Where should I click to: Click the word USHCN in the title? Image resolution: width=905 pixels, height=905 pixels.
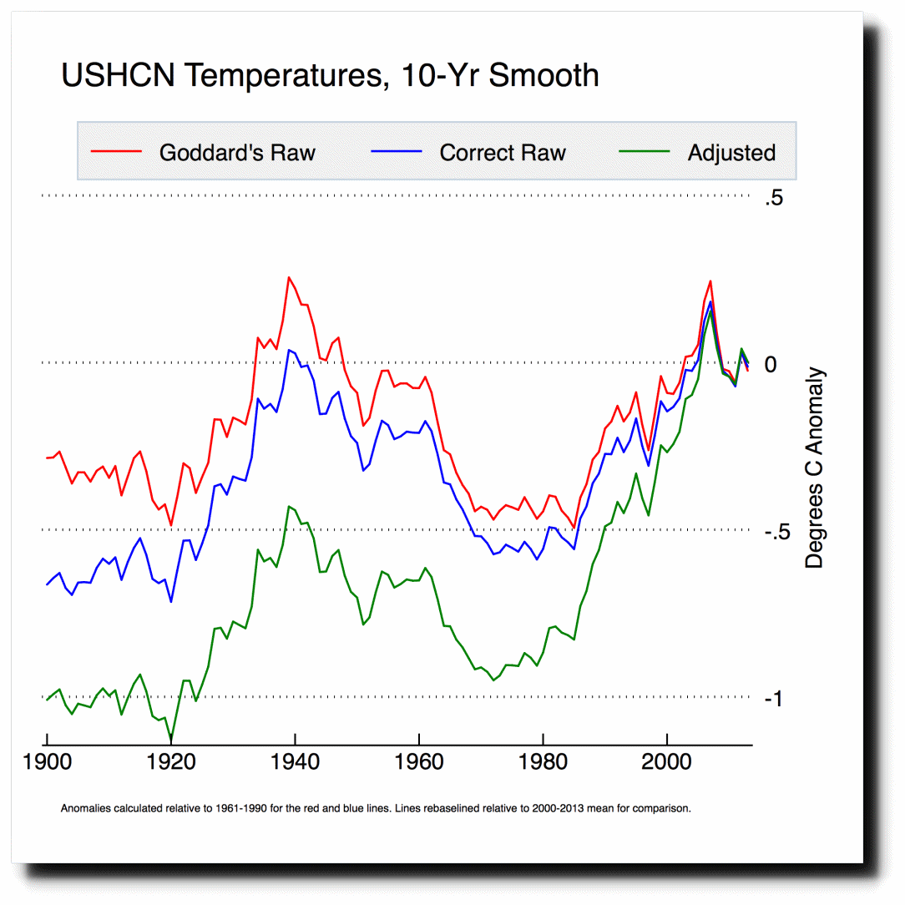118,76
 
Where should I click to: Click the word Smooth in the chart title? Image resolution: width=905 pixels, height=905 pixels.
544,76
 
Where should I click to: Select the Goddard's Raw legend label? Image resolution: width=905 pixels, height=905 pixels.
237,153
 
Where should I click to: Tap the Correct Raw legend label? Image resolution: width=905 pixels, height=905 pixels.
502,153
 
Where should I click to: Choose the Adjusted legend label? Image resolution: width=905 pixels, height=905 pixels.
731,154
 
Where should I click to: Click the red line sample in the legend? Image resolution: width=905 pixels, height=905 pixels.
116,151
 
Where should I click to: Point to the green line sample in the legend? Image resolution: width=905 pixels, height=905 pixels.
645,151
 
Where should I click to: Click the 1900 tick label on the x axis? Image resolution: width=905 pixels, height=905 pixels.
47,762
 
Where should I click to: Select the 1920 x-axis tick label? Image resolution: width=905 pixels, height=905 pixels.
171,762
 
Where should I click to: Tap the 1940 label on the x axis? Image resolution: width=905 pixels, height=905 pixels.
295,762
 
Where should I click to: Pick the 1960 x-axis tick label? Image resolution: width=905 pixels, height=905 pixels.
419,762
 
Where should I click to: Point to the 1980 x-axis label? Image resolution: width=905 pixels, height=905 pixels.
543,762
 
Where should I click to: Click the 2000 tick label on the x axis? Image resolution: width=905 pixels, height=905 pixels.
666,762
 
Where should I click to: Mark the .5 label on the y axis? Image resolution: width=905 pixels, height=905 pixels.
774,198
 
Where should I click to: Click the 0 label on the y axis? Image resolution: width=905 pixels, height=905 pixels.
771,365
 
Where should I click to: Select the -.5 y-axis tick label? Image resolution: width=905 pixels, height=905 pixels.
777,532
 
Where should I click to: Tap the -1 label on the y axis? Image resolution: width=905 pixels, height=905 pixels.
773,699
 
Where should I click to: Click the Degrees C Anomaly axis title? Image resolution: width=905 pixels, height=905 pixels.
814,468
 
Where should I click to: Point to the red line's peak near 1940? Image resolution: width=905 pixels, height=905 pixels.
289,278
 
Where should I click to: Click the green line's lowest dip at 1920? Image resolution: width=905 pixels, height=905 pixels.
171,740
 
